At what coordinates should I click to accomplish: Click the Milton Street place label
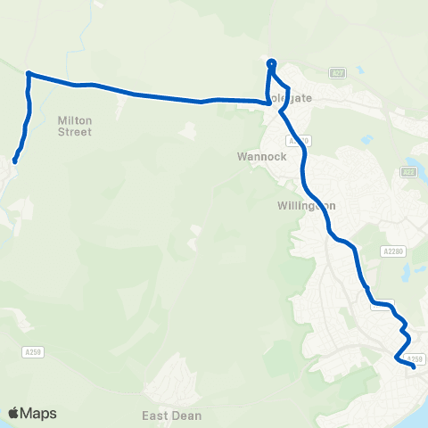(75, 125)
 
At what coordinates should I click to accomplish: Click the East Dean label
(171, 416)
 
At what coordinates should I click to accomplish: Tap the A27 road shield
(336, 72)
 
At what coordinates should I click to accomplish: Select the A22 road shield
(407, 172)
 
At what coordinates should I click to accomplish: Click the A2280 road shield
(391, 251)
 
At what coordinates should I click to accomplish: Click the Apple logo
(14, 413)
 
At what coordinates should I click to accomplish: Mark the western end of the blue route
(15, 161)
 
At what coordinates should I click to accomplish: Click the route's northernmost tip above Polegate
(271, 62)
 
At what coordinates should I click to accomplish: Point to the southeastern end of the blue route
(414, 365)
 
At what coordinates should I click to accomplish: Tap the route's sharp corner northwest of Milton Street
(29, 73)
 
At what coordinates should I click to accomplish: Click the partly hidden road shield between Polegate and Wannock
(300, 140)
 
